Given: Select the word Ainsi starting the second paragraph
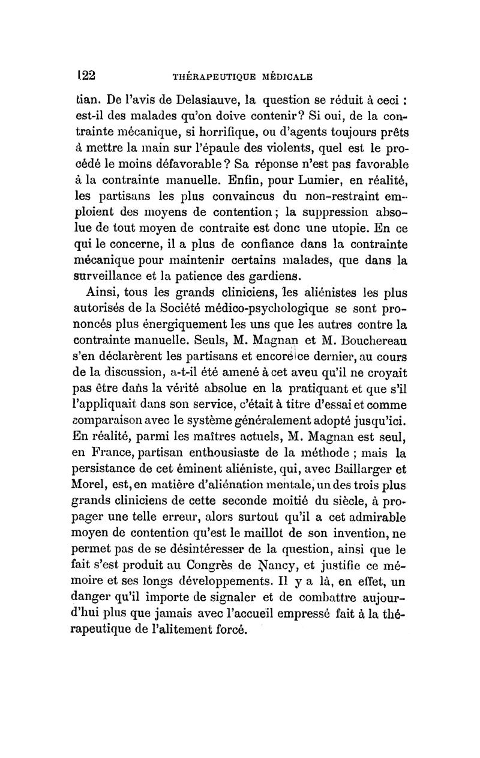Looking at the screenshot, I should tap(107, 293).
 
